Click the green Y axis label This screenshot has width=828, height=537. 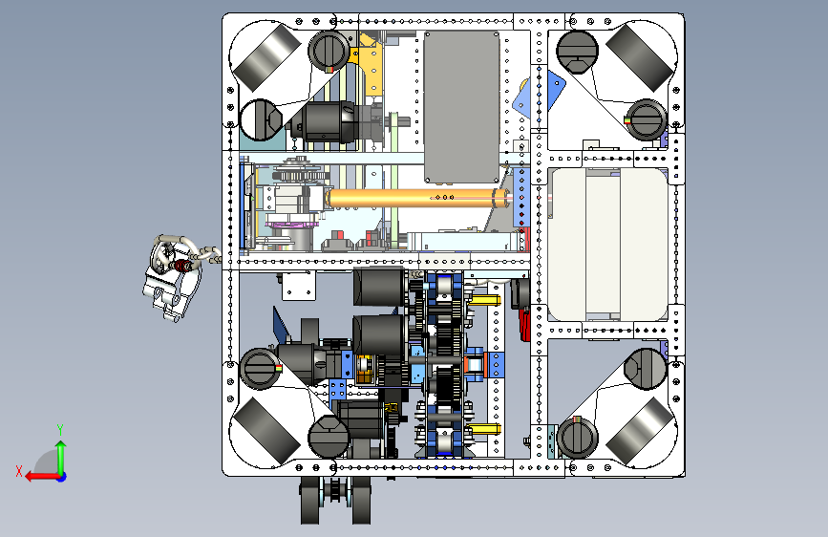(x=60, y=429)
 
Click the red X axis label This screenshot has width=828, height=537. (x=19, y=471)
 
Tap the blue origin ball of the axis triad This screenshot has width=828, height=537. (x=62, y=477)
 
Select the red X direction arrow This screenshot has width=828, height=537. (x=42, y=477)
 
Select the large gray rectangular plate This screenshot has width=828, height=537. (x=461, y=107)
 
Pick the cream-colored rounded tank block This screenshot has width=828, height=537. (x=607, y=245)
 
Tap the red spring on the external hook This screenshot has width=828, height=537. (x=182, y=266)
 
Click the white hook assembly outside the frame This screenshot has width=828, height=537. (x=174, y=276)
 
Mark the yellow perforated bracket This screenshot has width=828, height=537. (x=370, y=63)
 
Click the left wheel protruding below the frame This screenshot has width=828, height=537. (x=311, y=500)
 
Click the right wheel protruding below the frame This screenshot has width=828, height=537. (x=361, y=500)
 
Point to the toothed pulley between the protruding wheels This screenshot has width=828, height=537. (x=335, y=491)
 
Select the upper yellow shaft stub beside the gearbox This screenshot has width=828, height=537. (x=485, y=300)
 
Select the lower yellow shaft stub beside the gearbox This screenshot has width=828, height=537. (x=485, y=429)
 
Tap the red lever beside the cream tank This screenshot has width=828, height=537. (x=524, y=325)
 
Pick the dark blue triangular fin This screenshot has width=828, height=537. (x=281, y=324)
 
